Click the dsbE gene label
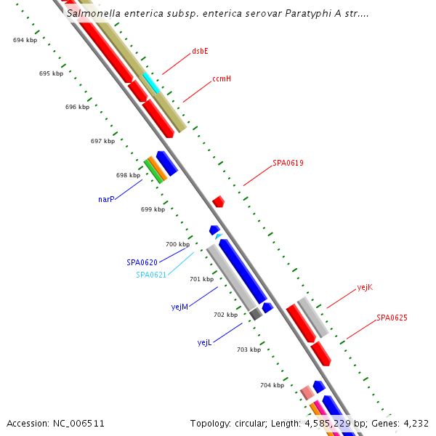click(x=200, y=52)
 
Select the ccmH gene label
click(x=222, y=78)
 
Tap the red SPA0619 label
click(x=288, y=163)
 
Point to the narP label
click(x=106, y=199)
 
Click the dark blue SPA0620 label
click(x=142, y=262)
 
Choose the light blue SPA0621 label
click(x=151, y=275)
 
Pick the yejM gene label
click(x=179, y=307)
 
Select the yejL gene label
click(x=204, y=342)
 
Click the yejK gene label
click(x=365, y=288)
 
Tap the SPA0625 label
click(x=392, y=318)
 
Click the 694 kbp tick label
click(x=25, y=41)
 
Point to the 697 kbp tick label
click(x=102, y=141)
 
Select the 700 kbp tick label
click(x=177, y=245)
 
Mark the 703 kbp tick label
click(x=249, y=350)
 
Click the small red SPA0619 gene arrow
click(x=218, y=201)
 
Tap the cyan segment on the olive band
click(x=151, y=82)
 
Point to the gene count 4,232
click(x=414, y=423)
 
